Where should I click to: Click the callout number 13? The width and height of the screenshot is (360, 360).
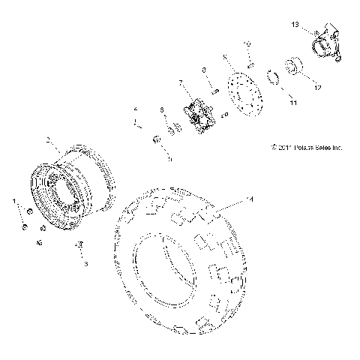point(295,25)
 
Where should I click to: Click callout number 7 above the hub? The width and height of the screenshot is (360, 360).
point(181,81)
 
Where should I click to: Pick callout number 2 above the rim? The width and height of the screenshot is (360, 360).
point(49,140)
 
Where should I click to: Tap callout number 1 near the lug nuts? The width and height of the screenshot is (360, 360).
point(13,201)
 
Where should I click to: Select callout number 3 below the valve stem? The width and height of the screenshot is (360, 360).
point(85,264)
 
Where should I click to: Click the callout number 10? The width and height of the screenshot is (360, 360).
point(248,46)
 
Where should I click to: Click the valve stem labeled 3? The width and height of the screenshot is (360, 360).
point(77,246)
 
